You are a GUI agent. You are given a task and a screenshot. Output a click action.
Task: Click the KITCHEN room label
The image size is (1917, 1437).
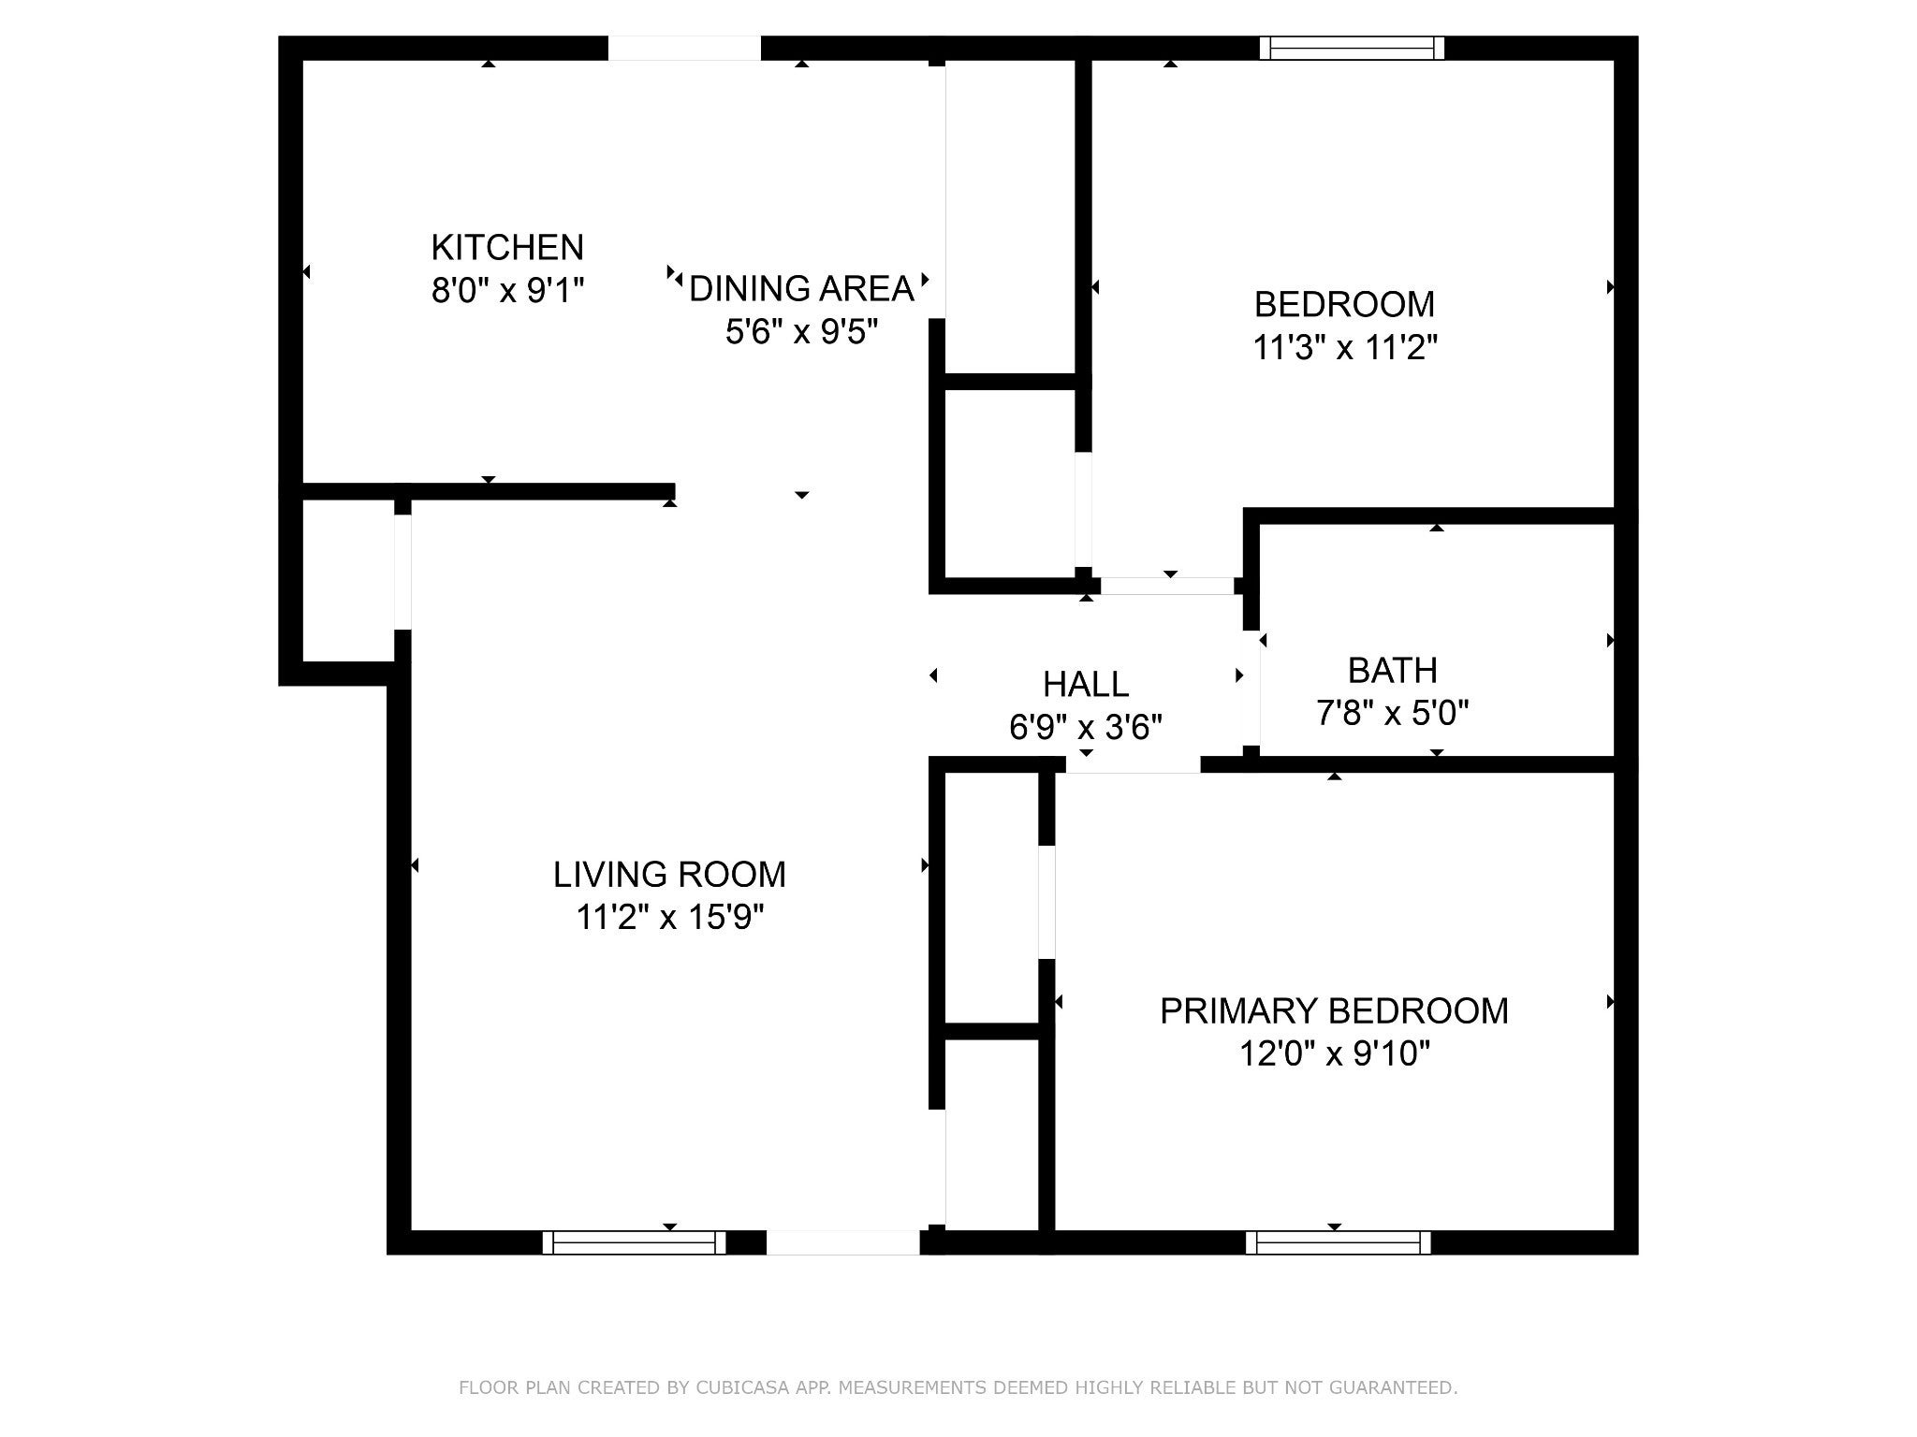tap(506, 248)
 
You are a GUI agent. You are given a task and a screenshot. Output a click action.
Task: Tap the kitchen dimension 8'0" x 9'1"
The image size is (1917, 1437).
tap(506, 291)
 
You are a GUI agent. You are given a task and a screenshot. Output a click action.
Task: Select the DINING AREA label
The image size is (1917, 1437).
tap(801, 289)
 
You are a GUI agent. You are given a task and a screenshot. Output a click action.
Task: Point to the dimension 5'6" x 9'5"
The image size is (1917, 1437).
tap(801, 331)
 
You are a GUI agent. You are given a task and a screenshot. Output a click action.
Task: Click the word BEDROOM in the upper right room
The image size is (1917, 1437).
tap(1343, 305)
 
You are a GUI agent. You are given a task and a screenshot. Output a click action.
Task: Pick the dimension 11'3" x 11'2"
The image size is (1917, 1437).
tap(1343, 348)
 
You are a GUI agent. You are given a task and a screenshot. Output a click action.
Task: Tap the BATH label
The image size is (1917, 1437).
tap(1392, 671)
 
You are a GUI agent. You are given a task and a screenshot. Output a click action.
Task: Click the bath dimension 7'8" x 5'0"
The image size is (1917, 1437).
tap(1392, 714)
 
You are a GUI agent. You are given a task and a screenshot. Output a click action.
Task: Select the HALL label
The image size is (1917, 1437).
tap(1086, 685)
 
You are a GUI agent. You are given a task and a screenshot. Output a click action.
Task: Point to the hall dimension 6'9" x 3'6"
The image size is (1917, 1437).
tap(1086, 727)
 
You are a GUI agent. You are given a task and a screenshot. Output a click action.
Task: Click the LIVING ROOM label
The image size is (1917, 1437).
tap(669, 875)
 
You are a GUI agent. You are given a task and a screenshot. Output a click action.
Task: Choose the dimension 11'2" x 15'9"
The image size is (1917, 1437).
tap(669, 918)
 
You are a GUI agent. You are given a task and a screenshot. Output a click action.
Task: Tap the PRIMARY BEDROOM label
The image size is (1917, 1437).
tap(1334, 1011)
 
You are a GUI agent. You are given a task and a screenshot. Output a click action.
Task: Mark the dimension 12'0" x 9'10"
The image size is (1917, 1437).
tap(1334, 1054)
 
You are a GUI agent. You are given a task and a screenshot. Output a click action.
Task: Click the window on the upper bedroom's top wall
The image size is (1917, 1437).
tap(1351, 48)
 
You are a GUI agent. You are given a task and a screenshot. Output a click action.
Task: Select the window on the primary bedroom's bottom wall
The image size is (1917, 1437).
tap(1338, 1242)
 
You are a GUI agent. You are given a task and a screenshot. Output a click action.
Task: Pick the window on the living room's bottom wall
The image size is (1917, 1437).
tap(634, 1242)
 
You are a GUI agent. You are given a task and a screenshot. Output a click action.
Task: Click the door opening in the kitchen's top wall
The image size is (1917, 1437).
tap(684, 48)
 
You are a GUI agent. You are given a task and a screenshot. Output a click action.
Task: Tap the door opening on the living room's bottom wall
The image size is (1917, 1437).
tap(842, 1242)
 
